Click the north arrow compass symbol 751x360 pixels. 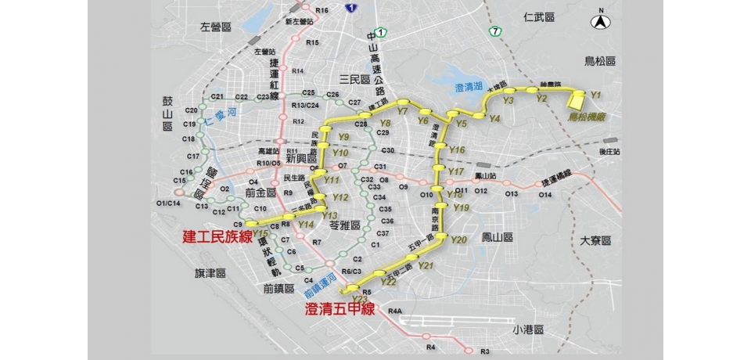(x=601, y=21)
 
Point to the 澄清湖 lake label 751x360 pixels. (x=469, y=88)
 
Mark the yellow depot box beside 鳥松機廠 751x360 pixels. (x=577, y=99)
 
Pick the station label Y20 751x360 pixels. (x=459, y=239)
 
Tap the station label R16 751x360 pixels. (x=322, y=10)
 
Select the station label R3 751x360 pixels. (x=485, y=351)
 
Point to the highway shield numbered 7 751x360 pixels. (x=495, y=31)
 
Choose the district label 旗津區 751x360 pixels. (x=210, y=273)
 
